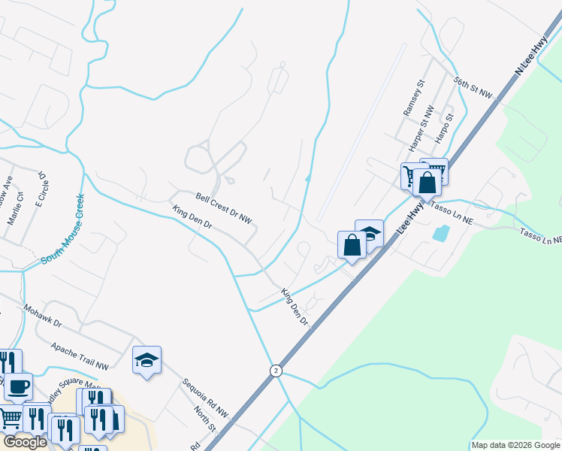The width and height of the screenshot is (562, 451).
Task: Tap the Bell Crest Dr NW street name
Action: (224, 207)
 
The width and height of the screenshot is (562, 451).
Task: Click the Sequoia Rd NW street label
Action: (204, 398)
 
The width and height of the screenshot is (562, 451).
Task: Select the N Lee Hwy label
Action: (530, 58)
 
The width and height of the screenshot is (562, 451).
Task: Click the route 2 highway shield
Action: (276, 371)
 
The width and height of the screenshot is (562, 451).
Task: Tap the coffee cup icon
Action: (19, 386)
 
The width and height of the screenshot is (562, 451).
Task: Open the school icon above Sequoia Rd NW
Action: (147, 360)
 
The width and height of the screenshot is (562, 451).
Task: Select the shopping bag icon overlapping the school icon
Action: (352, 244)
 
